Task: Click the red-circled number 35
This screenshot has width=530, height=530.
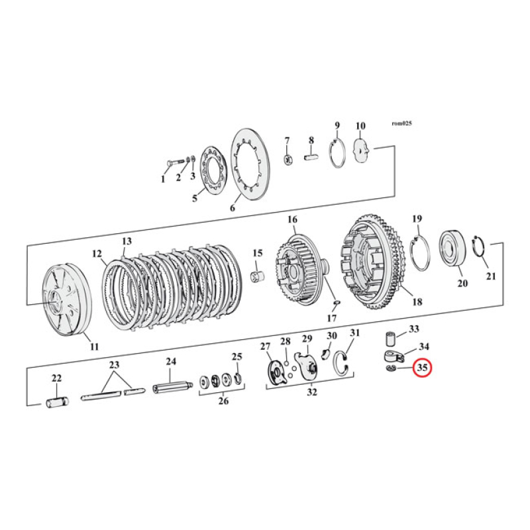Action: pos(422,367)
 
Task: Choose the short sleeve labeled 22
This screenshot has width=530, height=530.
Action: pos(56,401)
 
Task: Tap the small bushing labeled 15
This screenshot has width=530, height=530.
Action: pos(256,274)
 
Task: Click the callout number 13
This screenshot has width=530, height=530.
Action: pos(127,241)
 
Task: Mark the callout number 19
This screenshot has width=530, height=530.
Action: pos(417,219)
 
